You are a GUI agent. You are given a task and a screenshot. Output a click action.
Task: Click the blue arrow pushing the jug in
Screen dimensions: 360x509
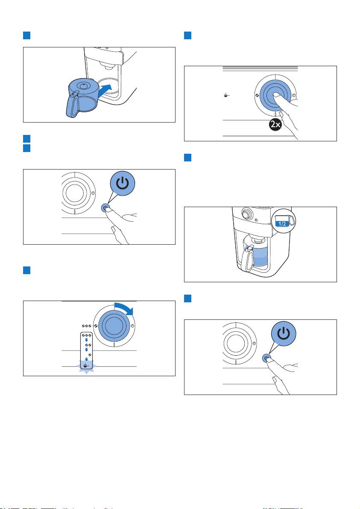click(x=105, y=90)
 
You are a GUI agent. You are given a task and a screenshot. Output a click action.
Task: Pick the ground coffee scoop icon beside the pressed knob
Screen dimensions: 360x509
click(x=227, y=96)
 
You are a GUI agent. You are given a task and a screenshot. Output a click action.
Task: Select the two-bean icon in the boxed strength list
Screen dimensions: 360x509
click(x=87, y=344)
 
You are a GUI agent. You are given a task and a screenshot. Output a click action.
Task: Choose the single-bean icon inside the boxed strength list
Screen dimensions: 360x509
click(x=87, y=354)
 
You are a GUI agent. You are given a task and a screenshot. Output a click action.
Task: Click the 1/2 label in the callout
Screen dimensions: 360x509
click(x=282, y=224)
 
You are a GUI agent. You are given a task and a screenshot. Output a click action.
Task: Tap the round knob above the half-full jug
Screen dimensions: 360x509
click(x=247, y=214)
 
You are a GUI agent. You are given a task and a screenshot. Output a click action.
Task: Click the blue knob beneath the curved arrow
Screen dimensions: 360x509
click(x=114, y=325)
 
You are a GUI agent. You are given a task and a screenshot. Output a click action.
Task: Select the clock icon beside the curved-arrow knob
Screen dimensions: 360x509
click(x=133, y=325)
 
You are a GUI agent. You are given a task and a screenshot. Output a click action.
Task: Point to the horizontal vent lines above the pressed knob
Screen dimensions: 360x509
click(x=260, y=68)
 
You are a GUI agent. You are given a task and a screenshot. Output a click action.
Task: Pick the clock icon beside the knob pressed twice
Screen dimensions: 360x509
click(x=293, y=96)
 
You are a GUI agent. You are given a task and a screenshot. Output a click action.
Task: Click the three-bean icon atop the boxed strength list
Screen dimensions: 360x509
click(x=87, y=335)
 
